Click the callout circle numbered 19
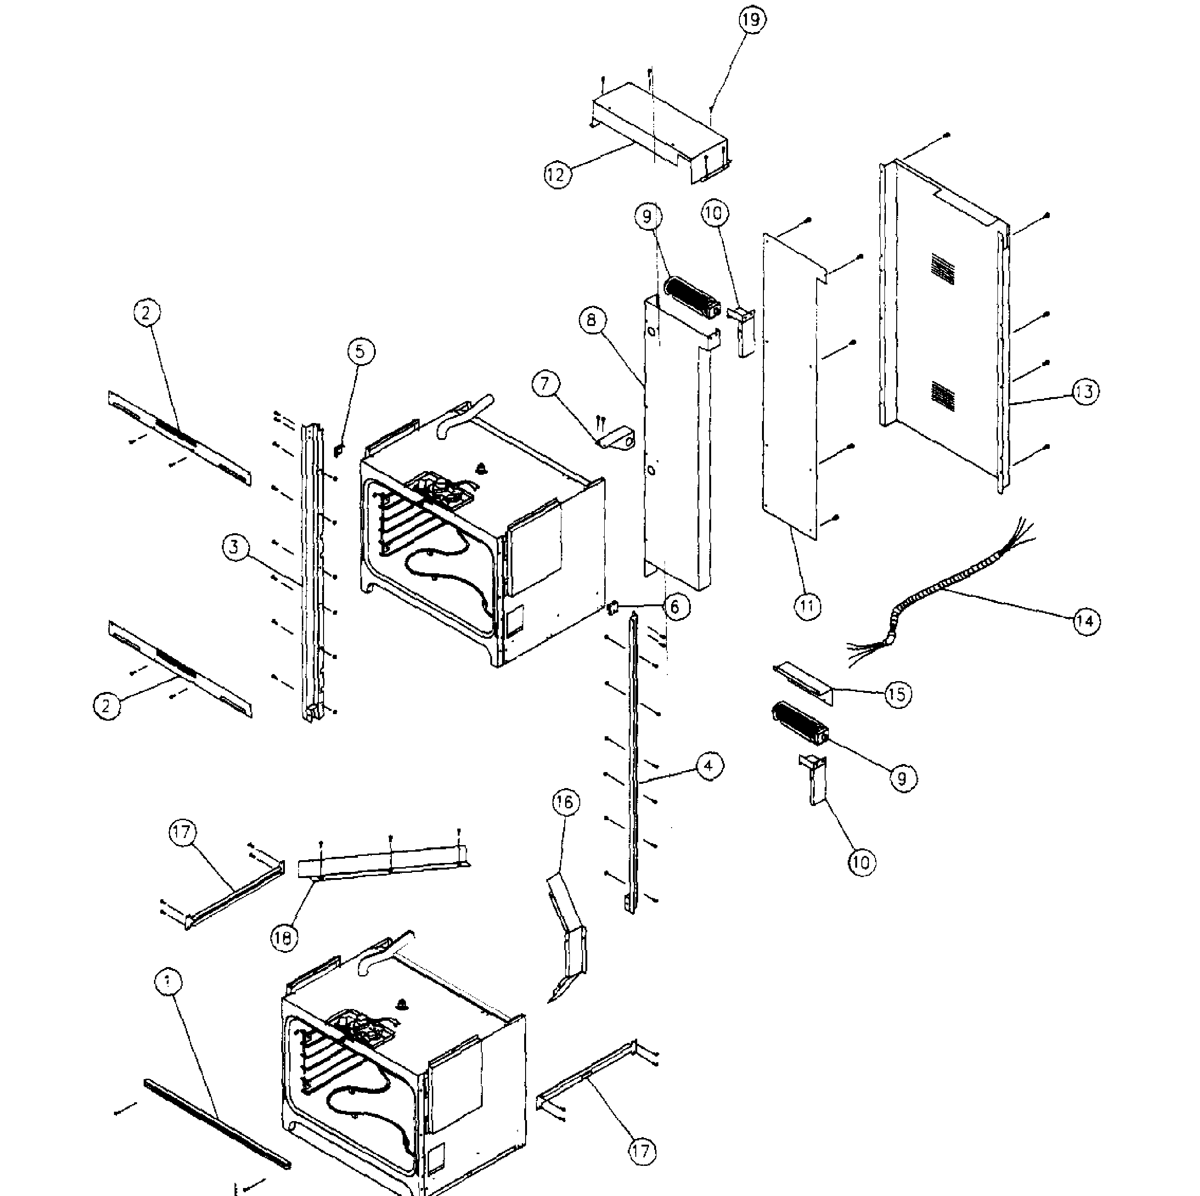click(752, 20)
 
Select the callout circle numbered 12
click(557, 175)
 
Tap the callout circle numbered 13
click(1085, 391)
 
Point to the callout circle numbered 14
click(1086, 621)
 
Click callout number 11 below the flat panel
click(807, 606)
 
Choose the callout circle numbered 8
click(591, 319)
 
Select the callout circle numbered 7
click(545, 383)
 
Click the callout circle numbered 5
click(361, 352)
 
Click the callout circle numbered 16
click(565, 802)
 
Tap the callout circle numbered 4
click(709, 765)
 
